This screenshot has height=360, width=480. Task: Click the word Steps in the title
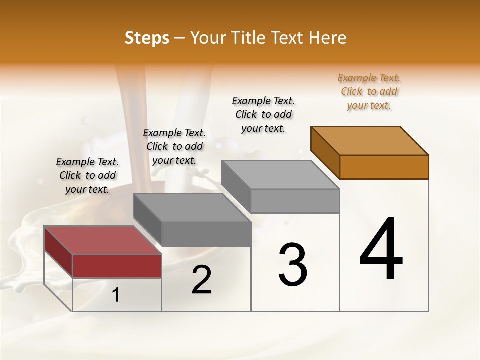(x=147, y=38)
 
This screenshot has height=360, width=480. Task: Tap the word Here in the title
(x=327, y=38)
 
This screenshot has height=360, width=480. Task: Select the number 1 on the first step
(x=116, y=295)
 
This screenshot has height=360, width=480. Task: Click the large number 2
(x=201, y=280)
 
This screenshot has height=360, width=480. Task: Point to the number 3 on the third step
(x=293, y=264)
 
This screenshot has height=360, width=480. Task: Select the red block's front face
(x=117, y=266)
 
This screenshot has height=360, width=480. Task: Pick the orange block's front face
(x=384, y=167)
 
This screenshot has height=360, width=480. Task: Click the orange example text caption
(x=369, y=92)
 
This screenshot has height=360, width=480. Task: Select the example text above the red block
(x=87, y=176)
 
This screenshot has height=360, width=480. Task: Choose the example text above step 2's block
(x=174, y=147)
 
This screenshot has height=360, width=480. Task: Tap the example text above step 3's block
(x=263, y=115)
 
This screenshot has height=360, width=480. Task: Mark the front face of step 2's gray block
(x=206, y=234)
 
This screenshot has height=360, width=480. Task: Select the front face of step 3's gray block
(x=295, y=201)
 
